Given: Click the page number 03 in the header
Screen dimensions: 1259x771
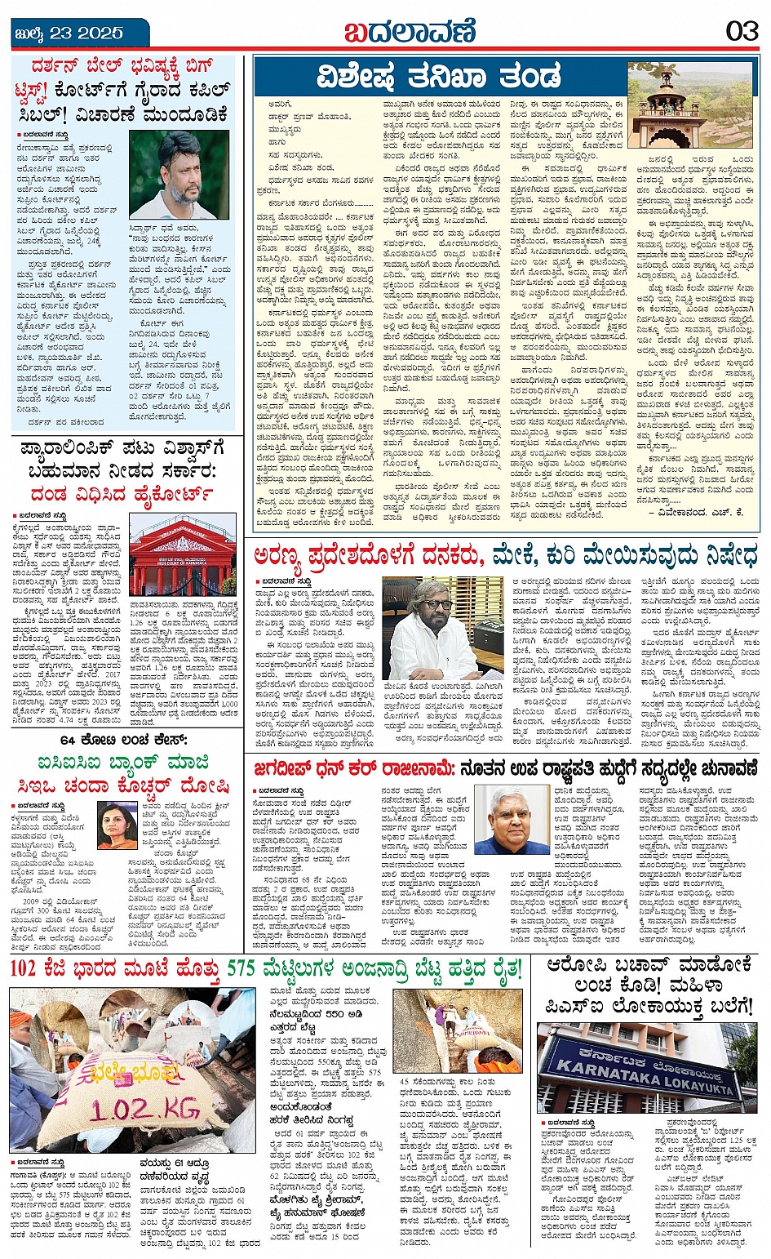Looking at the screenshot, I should (x=742, y=32).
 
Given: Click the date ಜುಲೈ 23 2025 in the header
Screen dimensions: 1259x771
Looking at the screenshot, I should (x=69, y=33).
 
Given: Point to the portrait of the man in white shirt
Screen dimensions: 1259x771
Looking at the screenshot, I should (x=179, y=175).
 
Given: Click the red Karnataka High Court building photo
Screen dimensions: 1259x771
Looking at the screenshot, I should (x=182, y=556).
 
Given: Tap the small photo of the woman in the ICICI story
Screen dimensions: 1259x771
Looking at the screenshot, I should (x=117, y=825).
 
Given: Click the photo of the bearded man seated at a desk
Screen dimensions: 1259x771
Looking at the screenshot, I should (x=431, y=629).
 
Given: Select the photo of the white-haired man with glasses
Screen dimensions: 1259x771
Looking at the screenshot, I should (x=512, y=820).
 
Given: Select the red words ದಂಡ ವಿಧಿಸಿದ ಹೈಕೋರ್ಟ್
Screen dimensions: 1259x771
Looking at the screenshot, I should (x=122, y=494).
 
